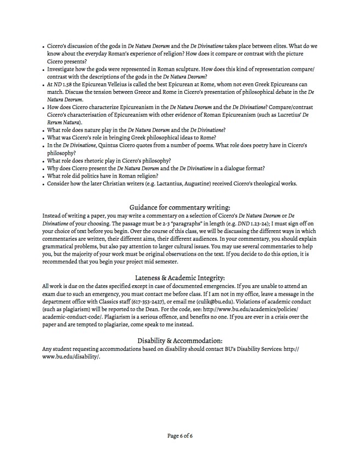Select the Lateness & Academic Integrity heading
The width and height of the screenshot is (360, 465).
point(179,278)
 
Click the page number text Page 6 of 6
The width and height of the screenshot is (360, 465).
point(179,436)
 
